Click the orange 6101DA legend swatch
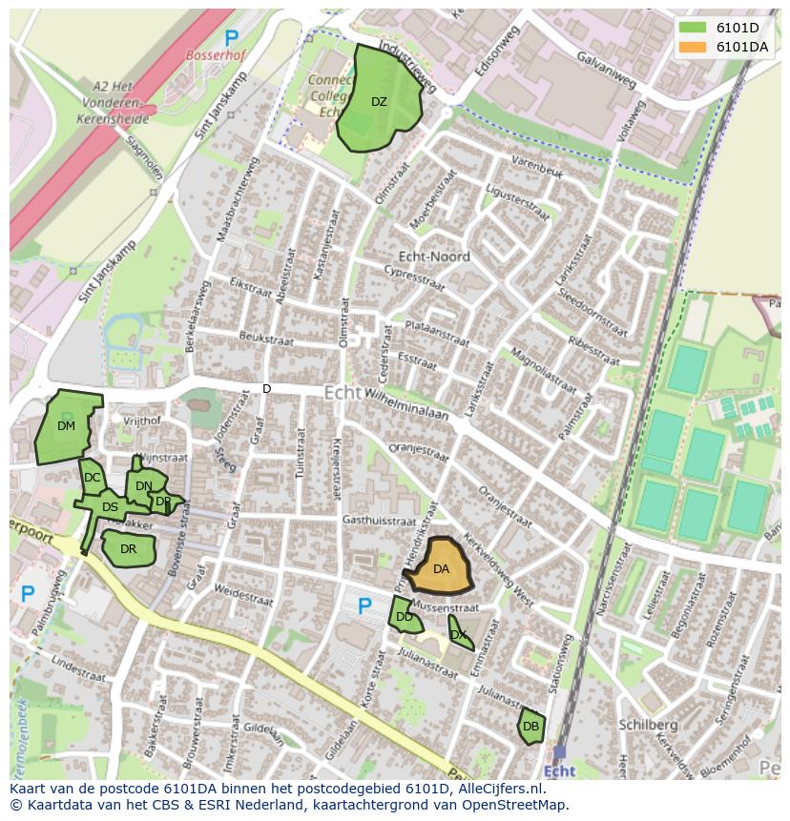click(x=694, y=47)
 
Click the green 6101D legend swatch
click(x=694, y=28)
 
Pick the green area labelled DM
click(x=66, y=425)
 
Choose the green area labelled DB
click(x=530, y=727)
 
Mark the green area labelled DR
click(x=128, y=549)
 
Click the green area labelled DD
click(x=404, y=616)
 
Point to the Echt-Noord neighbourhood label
click(x=434, y=257)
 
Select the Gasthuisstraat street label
click(x=379, y=522)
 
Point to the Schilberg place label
click(x=648, y=725)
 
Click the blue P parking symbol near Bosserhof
click(x=232, y=38)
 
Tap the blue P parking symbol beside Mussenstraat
click(x=364, y=606)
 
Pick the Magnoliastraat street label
click(x=544, y=368)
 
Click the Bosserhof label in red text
click(x=216, y=55)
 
